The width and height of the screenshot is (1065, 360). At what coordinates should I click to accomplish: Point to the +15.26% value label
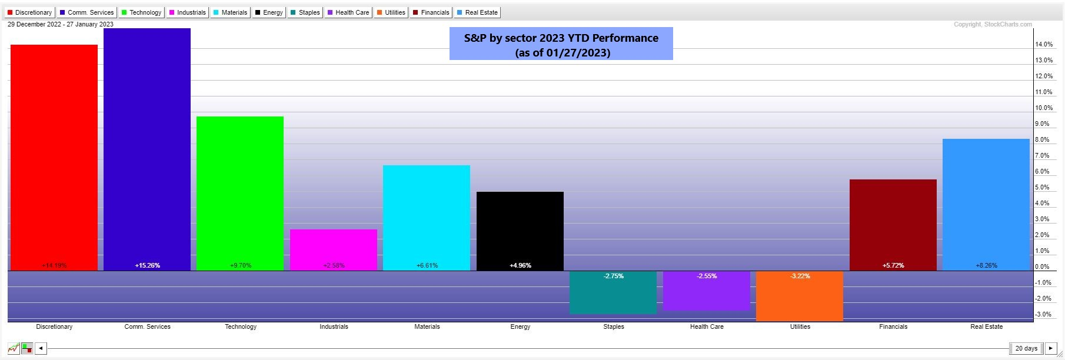tap(147, 265)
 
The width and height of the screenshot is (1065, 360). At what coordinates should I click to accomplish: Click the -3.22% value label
tap(800, 276)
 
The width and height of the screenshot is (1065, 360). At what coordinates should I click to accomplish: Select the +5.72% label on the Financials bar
tap(893, 265)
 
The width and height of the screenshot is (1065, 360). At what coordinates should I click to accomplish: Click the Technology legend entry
tap(141, 12)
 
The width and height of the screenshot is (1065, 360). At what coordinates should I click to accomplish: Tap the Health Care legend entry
tap(348, 12)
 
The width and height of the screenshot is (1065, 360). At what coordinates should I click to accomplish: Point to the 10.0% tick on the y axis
tap(1044, 108)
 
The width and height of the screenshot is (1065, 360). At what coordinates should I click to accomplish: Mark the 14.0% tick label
tap(1044, 45)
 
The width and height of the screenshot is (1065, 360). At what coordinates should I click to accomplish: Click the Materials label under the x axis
tap(427, 326)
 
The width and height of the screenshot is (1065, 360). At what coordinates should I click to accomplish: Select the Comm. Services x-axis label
tap(147, 326)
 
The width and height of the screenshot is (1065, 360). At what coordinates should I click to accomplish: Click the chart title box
tap(561, 44)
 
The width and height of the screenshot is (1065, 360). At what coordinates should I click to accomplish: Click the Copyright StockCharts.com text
tap(993, 24)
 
